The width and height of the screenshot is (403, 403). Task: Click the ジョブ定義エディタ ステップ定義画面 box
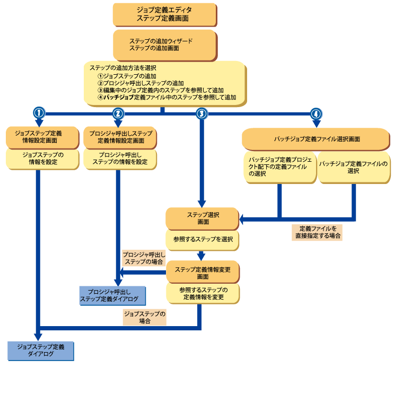(164, 14)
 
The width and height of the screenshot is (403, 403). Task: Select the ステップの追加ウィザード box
(164, 45)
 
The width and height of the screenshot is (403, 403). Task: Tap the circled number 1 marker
(39, 113)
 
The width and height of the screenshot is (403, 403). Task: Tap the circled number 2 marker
(118, 113)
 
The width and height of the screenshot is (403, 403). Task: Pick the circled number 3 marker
(201, 113)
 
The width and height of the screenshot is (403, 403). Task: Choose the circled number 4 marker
(316, 113)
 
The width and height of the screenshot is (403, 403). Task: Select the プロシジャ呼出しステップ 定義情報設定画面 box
(120, 137)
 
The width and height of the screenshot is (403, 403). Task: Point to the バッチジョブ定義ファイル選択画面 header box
(317, 139)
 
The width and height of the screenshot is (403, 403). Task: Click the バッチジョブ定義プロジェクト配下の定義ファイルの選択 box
(281, 167)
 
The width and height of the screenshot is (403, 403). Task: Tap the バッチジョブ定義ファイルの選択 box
(354, 167)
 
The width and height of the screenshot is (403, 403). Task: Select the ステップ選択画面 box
(202, 218)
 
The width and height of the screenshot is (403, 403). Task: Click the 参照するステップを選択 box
(203, 240)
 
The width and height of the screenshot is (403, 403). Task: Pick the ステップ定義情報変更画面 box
(202, 273)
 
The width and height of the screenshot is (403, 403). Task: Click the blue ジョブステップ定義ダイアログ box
(40, 351)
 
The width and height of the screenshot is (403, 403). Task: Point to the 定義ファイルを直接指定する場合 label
(317, 232)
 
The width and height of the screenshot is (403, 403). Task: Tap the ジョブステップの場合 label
(144, 317)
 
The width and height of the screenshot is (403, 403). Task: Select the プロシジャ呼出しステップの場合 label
(144, 258)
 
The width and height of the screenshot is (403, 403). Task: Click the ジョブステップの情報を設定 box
(42, 159)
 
